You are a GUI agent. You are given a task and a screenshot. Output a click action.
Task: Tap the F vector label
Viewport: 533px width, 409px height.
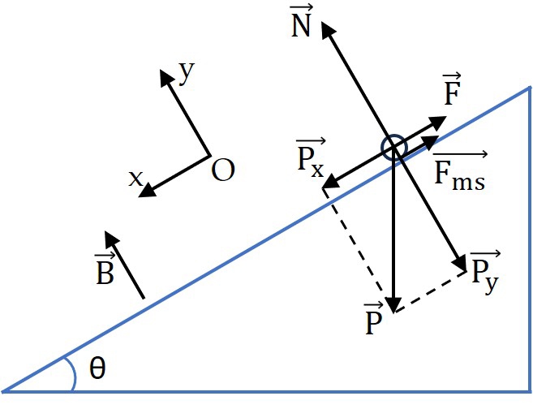[x=453, y=89]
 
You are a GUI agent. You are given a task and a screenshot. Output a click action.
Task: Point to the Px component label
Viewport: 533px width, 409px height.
[x=311, y=157]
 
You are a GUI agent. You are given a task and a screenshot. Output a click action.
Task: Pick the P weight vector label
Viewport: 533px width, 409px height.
[x=373, y=318]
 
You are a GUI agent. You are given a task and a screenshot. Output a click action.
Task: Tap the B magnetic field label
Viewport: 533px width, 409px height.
[x=105, y=269]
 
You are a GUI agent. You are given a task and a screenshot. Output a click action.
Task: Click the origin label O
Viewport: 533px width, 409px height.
[x=223, y=170]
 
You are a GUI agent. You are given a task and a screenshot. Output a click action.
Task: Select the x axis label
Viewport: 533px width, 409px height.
[x=135, y=179]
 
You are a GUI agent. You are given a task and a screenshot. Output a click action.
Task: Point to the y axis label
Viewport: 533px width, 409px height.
[x=187, y=72]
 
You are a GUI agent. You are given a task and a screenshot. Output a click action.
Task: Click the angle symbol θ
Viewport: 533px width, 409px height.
[x=97, y=368]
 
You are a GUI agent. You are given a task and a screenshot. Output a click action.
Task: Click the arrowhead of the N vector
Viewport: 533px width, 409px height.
[x=327, y=29]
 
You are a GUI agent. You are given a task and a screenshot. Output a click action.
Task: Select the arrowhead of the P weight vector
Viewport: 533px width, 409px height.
[x=393, y=304]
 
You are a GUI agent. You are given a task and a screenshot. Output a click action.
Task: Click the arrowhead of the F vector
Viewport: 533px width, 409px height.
[x=438, y=122]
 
